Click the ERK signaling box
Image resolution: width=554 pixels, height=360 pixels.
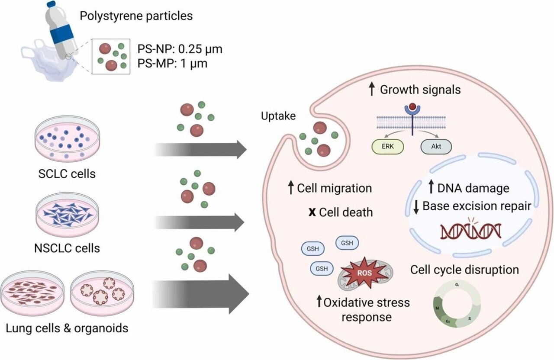coord(387,147)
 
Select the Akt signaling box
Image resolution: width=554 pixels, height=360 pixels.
coord(436,147)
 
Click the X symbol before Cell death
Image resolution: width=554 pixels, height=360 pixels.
coord(311,212)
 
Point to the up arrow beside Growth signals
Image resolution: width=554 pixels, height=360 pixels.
coord(371,90)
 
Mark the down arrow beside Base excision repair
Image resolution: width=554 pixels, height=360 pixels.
coord(416,207)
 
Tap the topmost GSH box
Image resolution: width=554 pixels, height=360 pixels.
coord(347,243)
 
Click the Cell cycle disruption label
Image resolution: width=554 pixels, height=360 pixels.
coord(464,270)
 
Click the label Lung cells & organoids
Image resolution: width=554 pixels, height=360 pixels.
coord(67,328)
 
